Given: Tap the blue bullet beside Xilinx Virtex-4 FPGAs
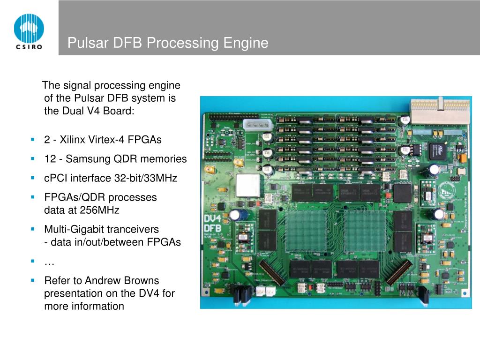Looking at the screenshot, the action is coord(33,140).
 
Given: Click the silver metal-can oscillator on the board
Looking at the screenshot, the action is coord(247,186).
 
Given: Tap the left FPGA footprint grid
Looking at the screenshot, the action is coord(306,230).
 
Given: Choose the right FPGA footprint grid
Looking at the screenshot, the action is coord(364,230).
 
